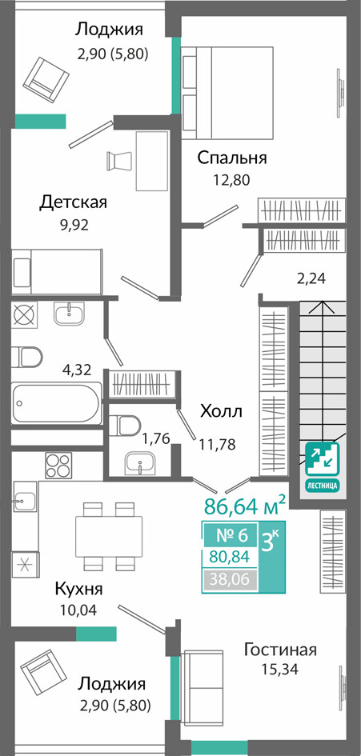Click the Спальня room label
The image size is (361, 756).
pyautogui.click(x=232, y=158)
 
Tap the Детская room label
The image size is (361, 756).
pyautogui.click(x=73, y=202)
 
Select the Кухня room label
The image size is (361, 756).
pyautogui.click(x=78, y=589)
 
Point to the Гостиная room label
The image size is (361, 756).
pyautogui.click(x=280, y=650)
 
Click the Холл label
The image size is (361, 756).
pyautogui.click(x=221, y=412)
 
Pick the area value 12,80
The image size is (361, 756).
pyautogui.click(x=232, y=180)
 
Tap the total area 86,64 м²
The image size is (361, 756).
pyautogui.click(x=245, y=506)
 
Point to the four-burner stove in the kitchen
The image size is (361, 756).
pyautogui.click(x=58, y=466)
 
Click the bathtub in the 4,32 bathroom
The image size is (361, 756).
pyautogui.click(x=57, y=403)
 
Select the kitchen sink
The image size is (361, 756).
pyautogui.click(x=25, y=502)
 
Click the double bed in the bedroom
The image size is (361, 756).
pyautogui.click(x=227, y=92)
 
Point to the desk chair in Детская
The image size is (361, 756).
pyautogui.click(x=118, y=160)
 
